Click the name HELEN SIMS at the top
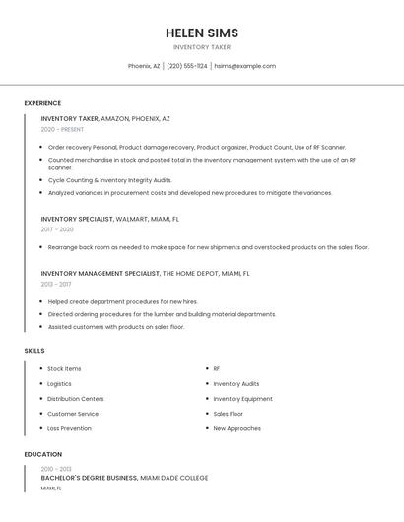(202, 33)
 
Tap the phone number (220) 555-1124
(187, 66)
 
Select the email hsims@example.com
(244, 66)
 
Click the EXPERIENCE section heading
(42, 103)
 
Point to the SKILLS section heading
(34, 351)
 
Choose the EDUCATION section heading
(42, 454)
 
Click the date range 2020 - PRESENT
(62, 129)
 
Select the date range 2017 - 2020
(57, 229)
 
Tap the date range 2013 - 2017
(56, 284)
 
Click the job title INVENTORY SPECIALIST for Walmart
(77, 219)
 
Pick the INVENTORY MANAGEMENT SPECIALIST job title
(100, 273)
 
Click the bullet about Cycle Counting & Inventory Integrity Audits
(109, 180)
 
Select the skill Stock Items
(64, 368)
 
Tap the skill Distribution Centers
(75, 399)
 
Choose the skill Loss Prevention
(69, 428)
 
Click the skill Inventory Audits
(236, 384)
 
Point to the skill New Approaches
(236, 428)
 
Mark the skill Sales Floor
(228, 414)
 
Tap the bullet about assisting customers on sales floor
(115, 326)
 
